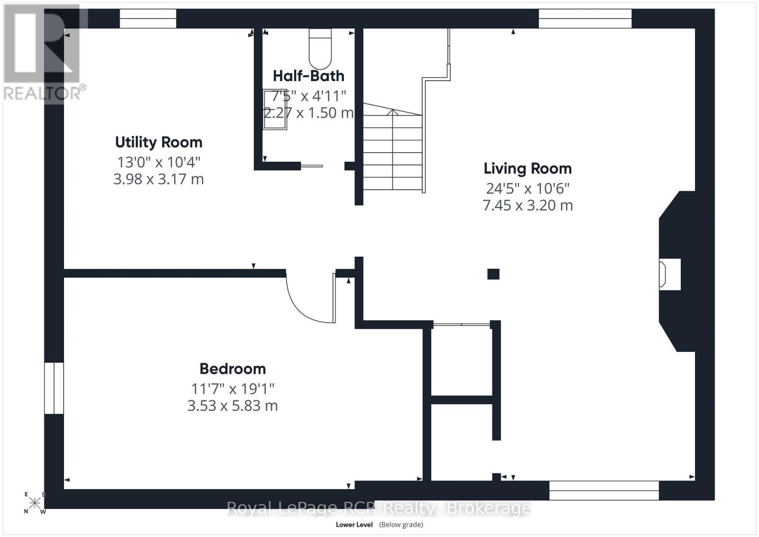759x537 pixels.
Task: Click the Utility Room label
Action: pos(158,142)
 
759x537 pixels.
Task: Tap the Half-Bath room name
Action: pos(309,76)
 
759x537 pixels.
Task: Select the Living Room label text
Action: pos(528,168)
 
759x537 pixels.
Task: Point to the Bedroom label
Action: pos(232,369)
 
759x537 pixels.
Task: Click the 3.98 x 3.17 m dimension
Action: pos(158,179)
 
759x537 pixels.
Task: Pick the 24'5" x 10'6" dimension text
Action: pos(528,188)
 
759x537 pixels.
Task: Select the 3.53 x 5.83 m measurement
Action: pos(232,406)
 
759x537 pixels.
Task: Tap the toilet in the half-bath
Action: pos(320,48)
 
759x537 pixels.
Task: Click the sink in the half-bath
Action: pos(275,109)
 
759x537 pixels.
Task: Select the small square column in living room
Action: pos(493,274)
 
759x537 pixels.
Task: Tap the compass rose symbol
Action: pos(35,503)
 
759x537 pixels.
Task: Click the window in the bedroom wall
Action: pos(54,388)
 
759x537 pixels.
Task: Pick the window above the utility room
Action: pos(148,19)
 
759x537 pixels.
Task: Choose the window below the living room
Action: pos(604,490)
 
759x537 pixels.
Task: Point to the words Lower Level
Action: pos(354,525)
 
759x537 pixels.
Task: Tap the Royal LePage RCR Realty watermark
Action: pos(379,508)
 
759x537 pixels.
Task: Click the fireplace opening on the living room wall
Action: pos(669,274)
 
